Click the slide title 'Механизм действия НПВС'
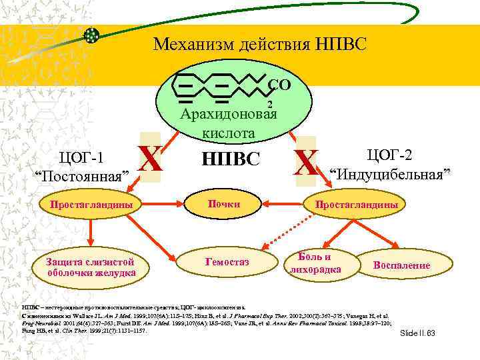259,45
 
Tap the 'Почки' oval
223,204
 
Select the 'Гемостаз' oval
227,262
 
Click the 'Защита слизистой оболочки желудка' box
91,266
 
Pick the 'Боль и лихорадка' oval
313,263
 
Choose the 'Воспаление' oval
402,265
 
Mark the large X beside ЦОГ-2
307,162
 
